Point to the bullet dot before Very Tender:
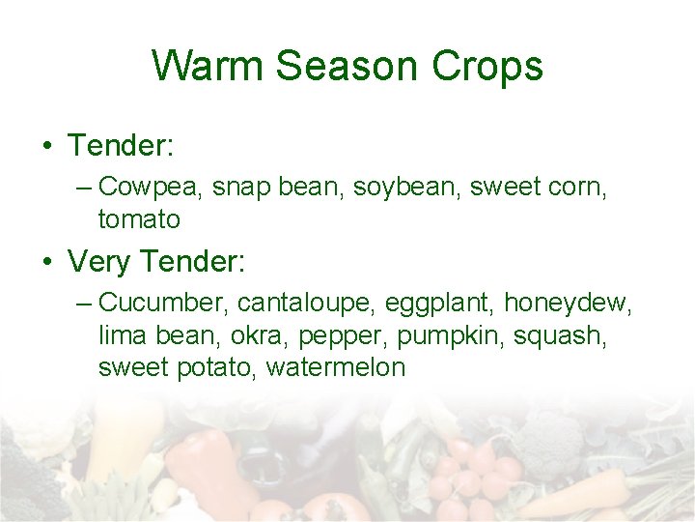(46, 262)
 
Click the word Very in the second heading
(100, 261)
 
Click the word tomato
(139, 219)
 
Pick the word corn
(577, 186)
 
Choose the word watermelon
(336, 367)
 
